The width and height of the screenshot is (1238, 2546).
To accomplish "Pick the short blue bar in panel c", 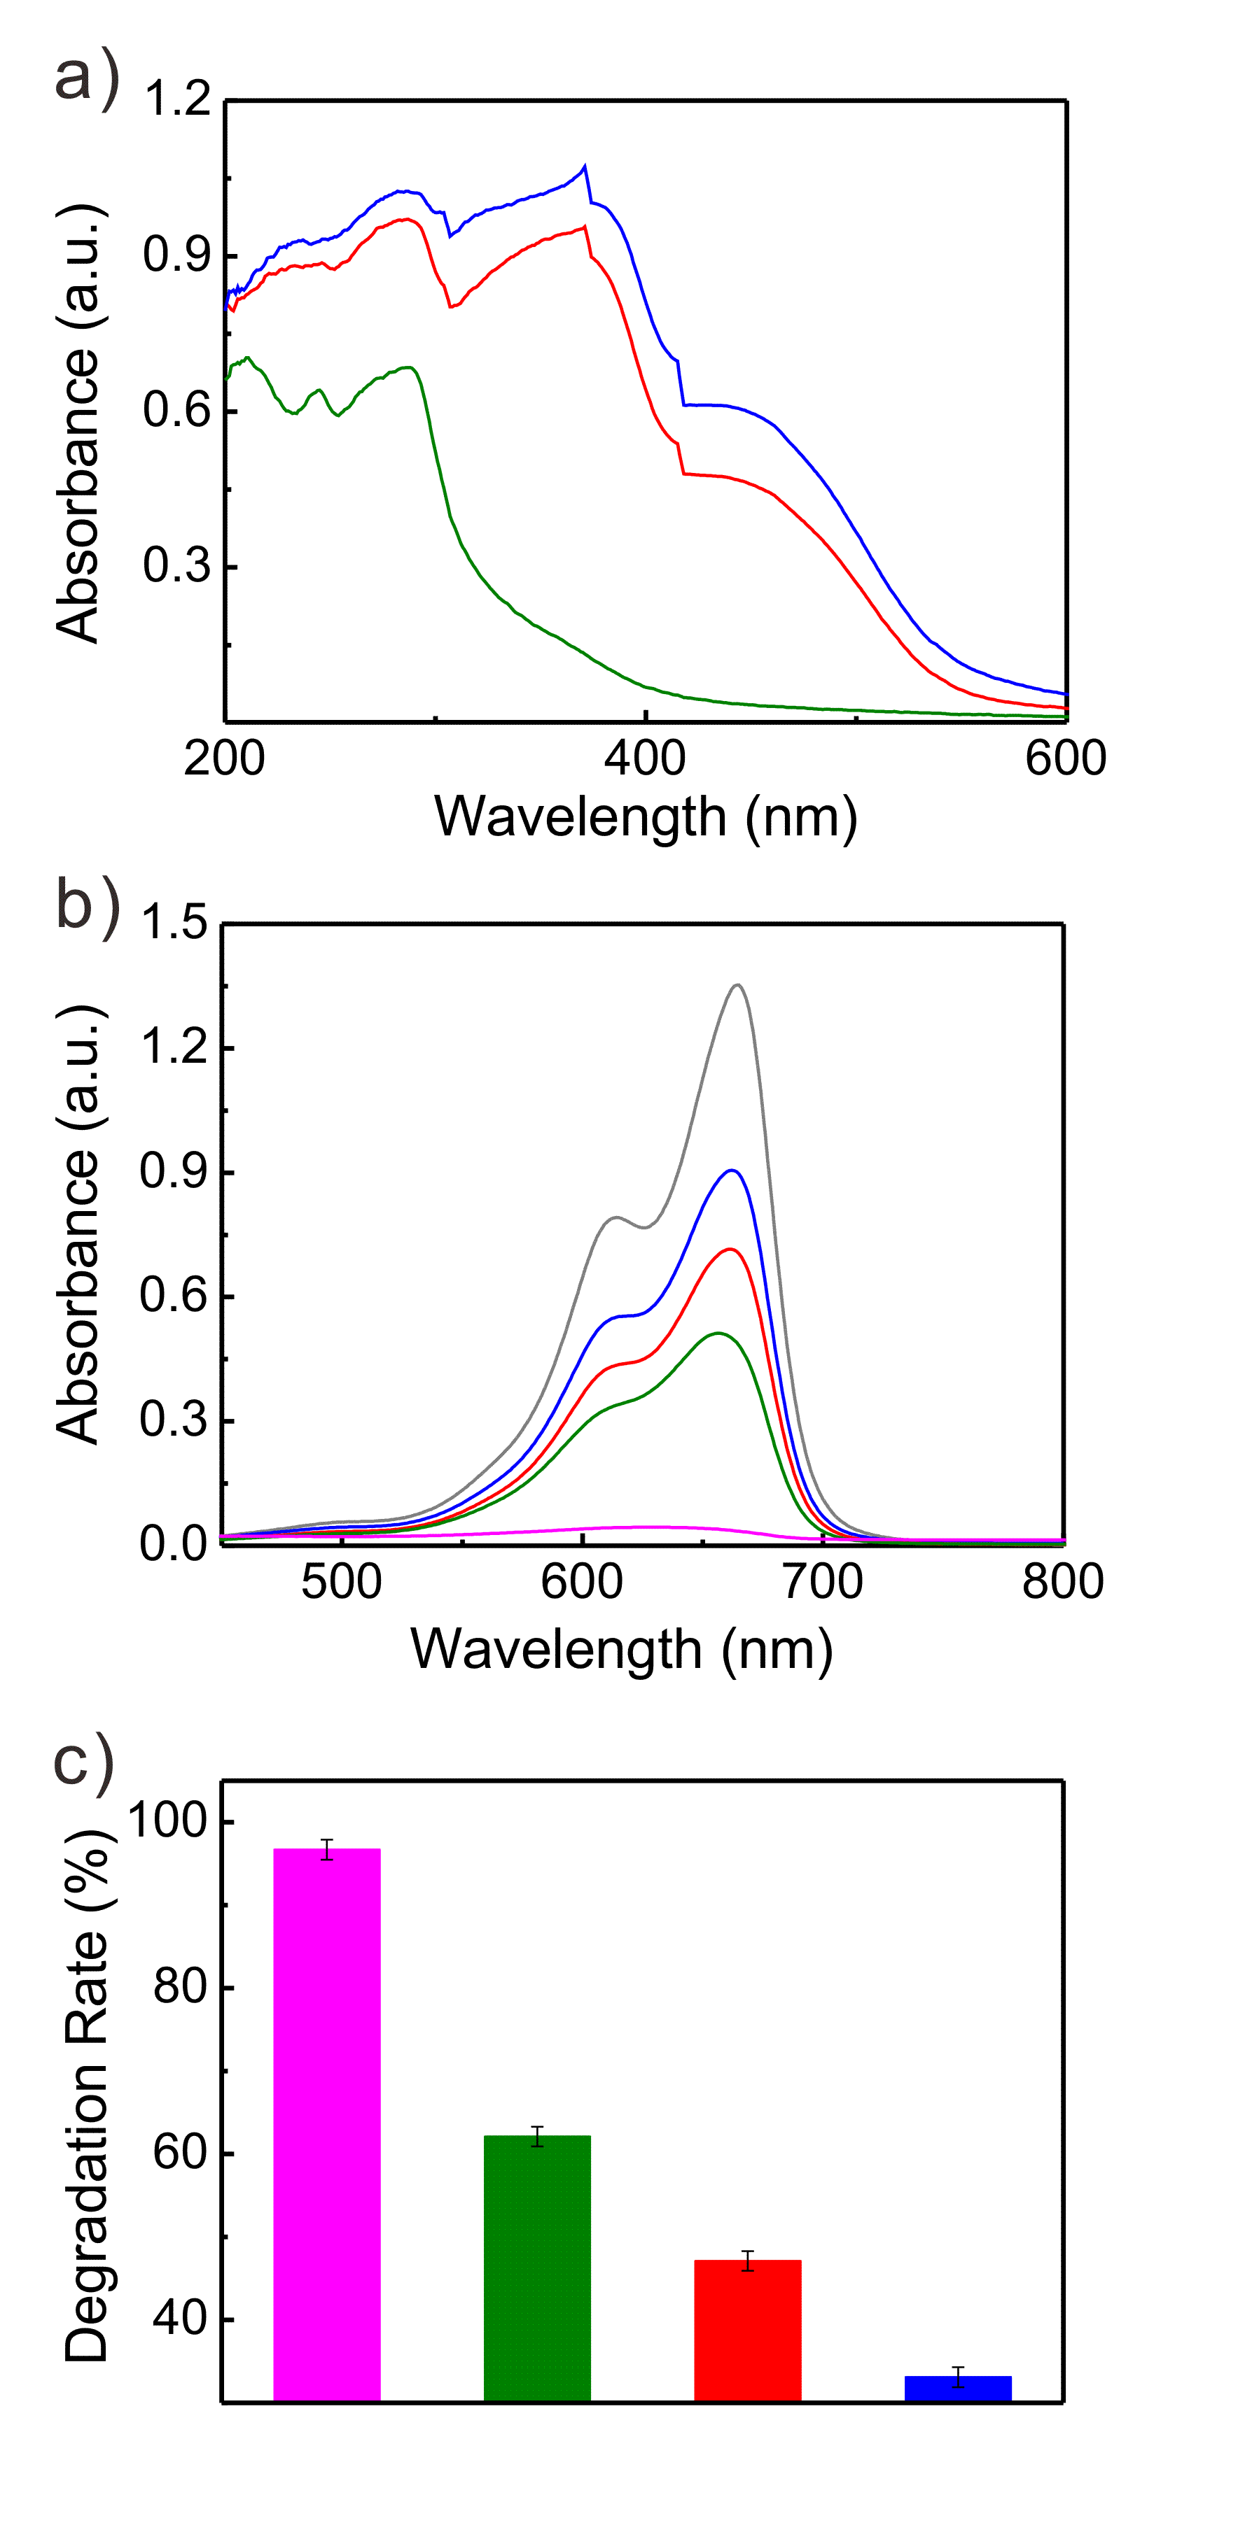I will click(957, 2388).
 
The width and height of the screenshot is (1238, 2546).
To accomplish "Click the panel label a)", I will click(87, 77).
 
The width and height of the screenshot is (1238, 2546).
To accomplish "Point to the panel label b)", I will click(87, 905).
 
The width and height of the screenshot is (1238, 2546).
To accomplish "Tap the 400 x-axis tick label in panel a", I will click(645, 759).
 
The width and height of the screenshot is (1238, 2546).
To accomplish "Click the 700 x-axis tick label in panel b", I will click(823, 1581).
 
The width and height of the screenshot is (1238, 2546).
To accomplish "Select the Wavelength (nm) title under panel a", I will click(645, 816).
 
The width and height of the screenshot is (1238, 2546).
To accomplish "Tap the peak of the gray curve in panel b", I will click(737, 984).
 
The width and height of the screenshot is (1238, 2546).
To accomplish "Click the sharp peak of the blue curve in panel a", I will click(585, 166).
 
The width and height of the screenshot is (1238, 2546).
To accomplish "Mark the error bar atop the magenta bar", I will click(326, 1849).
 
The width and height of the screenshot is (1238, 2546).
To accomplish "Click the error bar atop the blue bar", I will click(957, 2377).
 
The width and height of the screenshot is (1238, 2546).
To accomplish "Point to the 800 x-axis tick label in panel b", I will click(1063, 1581).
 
